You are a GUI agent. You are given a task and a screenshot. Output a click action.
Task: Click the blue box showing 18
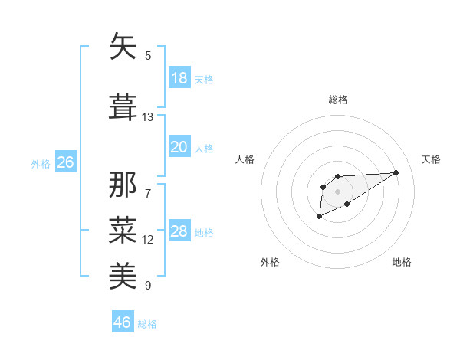pos(179,78)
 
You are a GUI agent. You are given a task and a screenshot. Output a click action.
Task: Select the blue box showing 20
pos(179,147)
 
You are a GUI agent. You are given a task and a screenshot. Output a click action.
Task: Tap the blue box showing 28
pos(179,232)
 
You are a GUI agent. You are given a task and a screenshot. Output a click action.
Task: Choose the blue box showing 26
pos(65,162)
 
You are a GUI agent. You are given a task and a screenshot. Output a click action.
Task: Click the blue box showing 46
pos(123,322)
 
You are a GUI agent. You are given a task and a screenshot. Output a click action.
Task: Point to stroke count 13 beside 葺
pos(148,117)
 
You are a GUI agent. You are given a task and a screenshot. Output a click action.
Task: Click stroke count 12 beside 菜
pos(148,240)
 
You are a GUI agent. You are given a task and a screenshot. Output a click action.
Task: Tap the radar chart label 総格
pos(338,100)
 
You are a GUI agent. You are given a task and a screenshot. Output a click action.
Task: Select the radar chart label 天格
pos(432,159)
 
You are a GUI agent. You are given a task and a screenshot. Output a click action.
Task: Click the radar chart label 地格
pos(402,262)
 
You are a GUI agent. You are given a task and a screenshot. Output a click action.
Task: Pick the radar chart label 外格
pos(270,262)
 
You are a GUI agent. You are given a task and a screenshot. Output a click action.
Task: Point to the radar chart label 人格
pos(245,159)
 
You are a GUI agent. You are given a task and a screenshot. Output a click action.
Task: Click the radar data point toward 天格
pos(396,172)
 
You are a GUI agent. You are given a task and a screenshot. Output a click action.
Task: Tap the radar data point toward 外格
pos(320,218)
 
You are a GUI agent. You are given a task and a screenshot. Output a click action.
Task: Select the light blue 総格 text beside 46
pos(147,324)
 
